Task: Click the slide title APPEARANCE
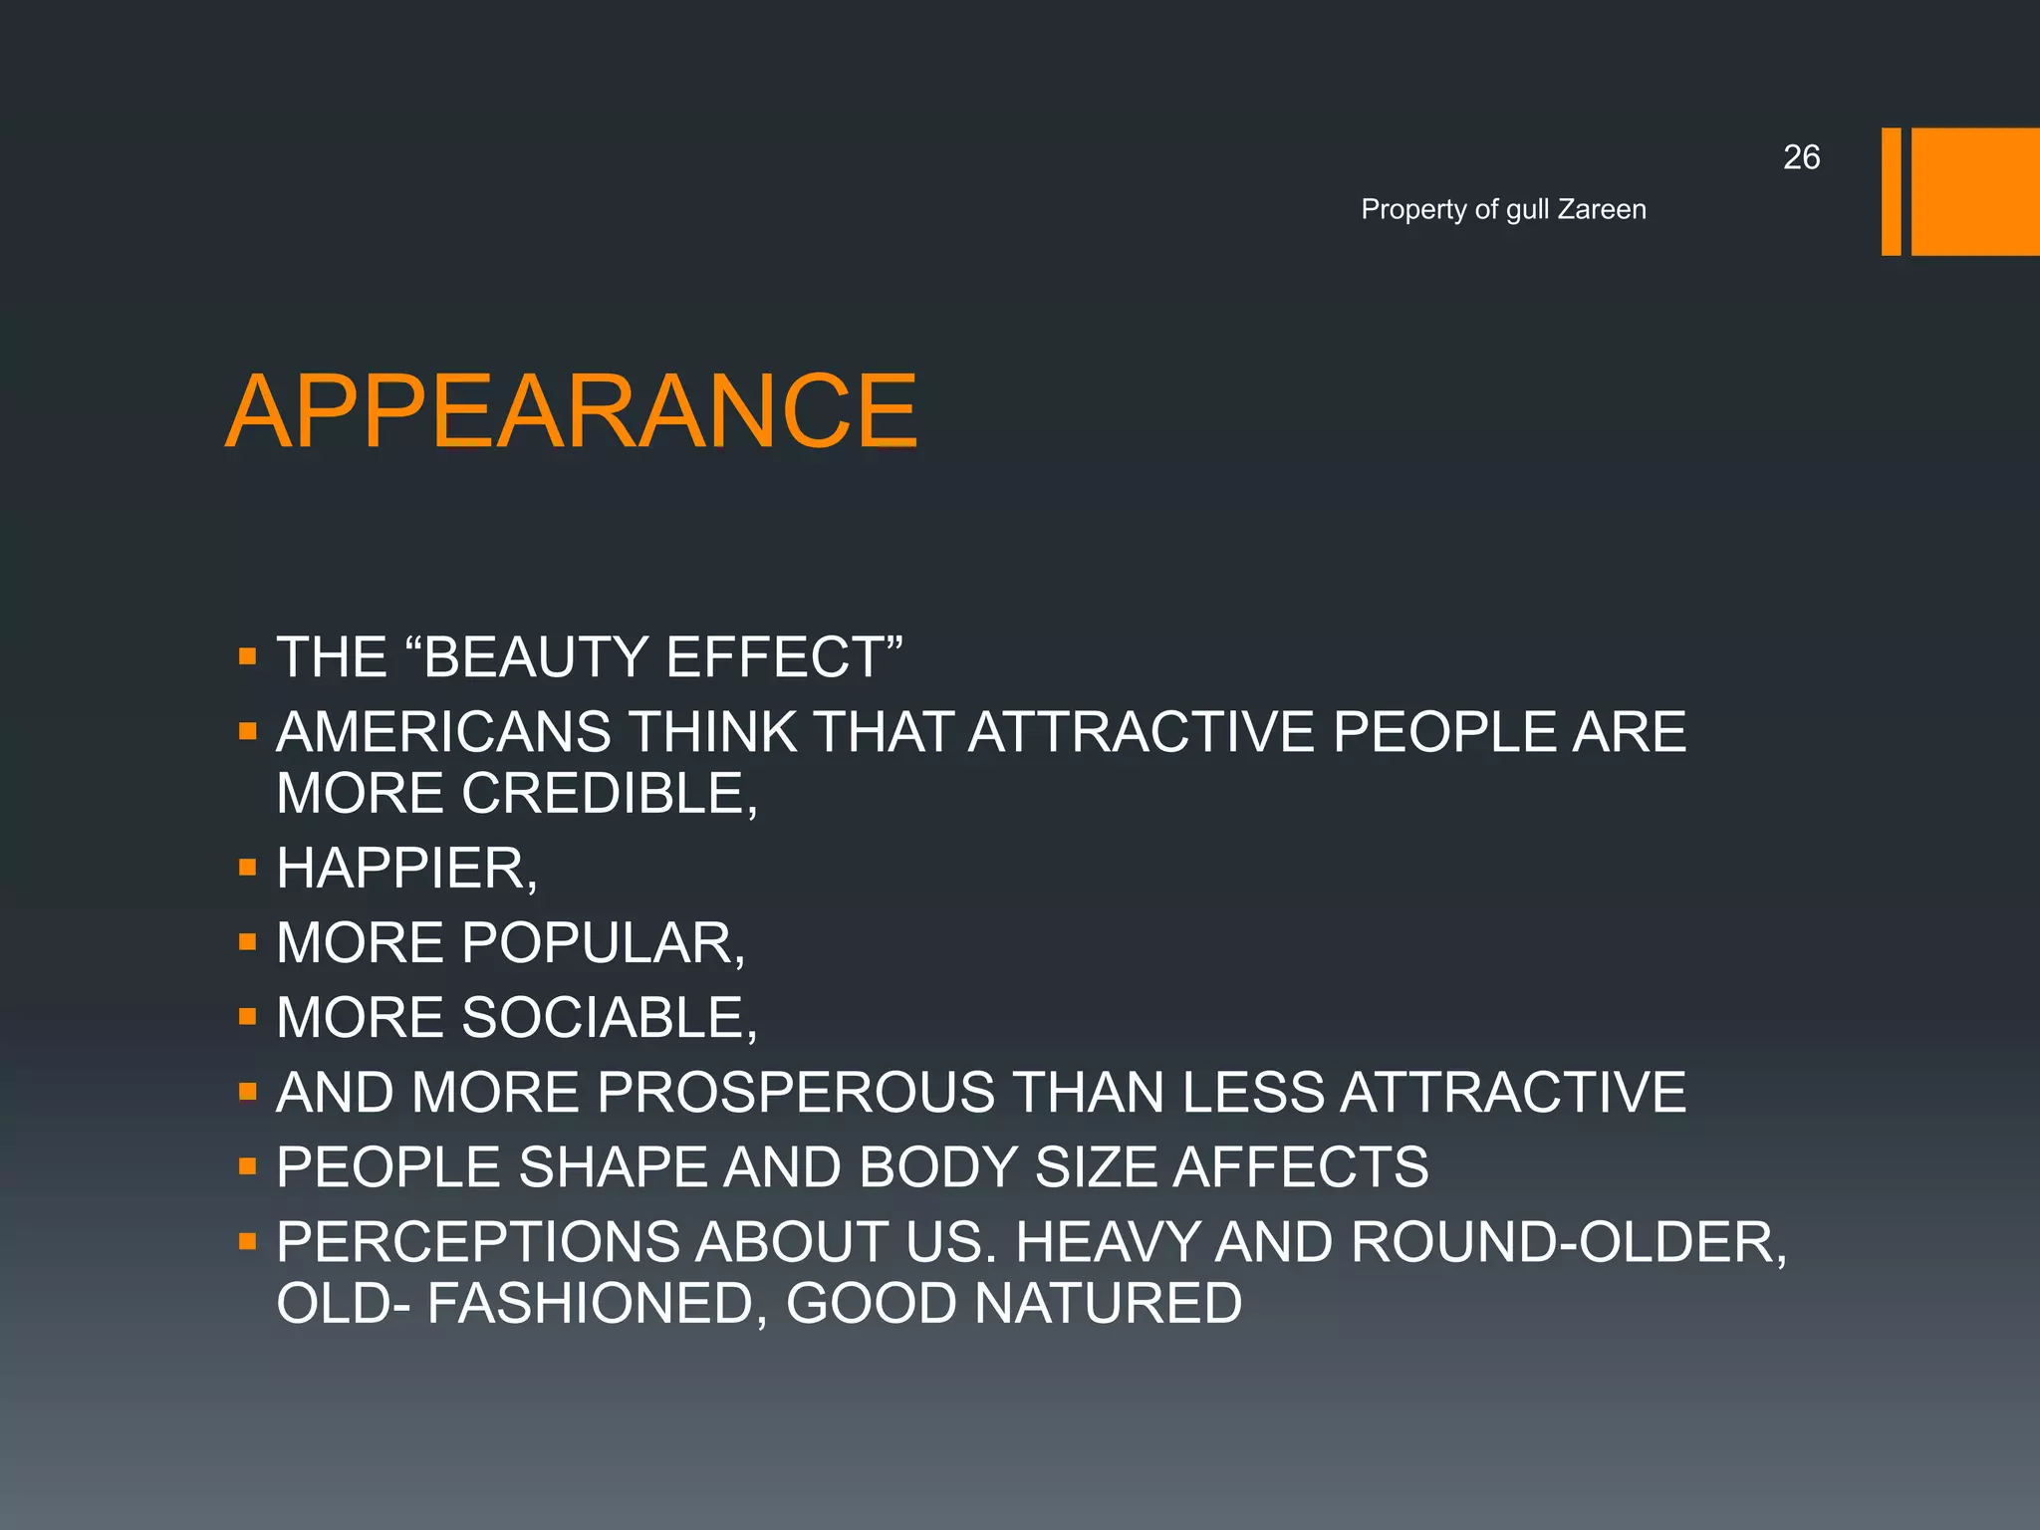point(572,411)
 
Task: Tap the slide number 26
point(1801,157)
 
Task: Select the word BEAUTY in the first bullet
point(537,657)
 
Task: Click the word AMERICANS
point(443,732)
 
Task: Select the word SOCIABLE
point(608,1018)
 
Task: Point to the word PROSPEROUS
point(796,1092)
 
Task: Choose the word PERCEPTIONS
point(477,1242)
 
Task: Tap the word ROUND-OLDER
point(1568,1242)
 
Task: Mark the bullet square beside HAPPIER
point(248,868)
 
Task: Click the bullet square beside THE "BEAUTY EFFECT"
point(248,657)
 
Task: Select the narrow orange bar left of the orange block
point(1891,191)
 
